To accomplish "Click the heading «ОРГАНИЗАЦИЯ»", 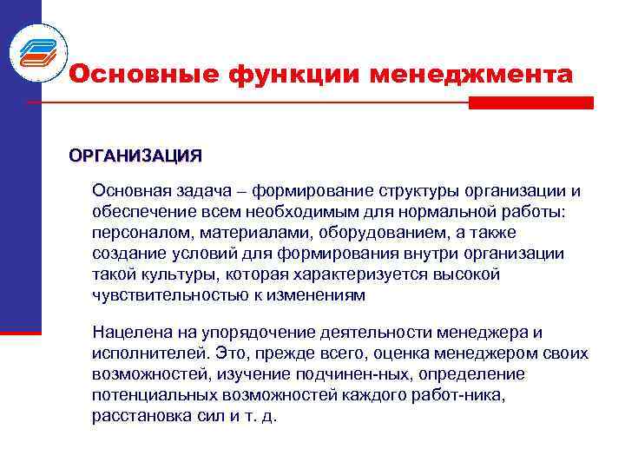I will point(135,156).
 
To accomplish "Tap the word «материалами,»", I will point(256,232).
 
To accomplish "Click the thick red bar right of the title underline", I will point(530,102).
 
